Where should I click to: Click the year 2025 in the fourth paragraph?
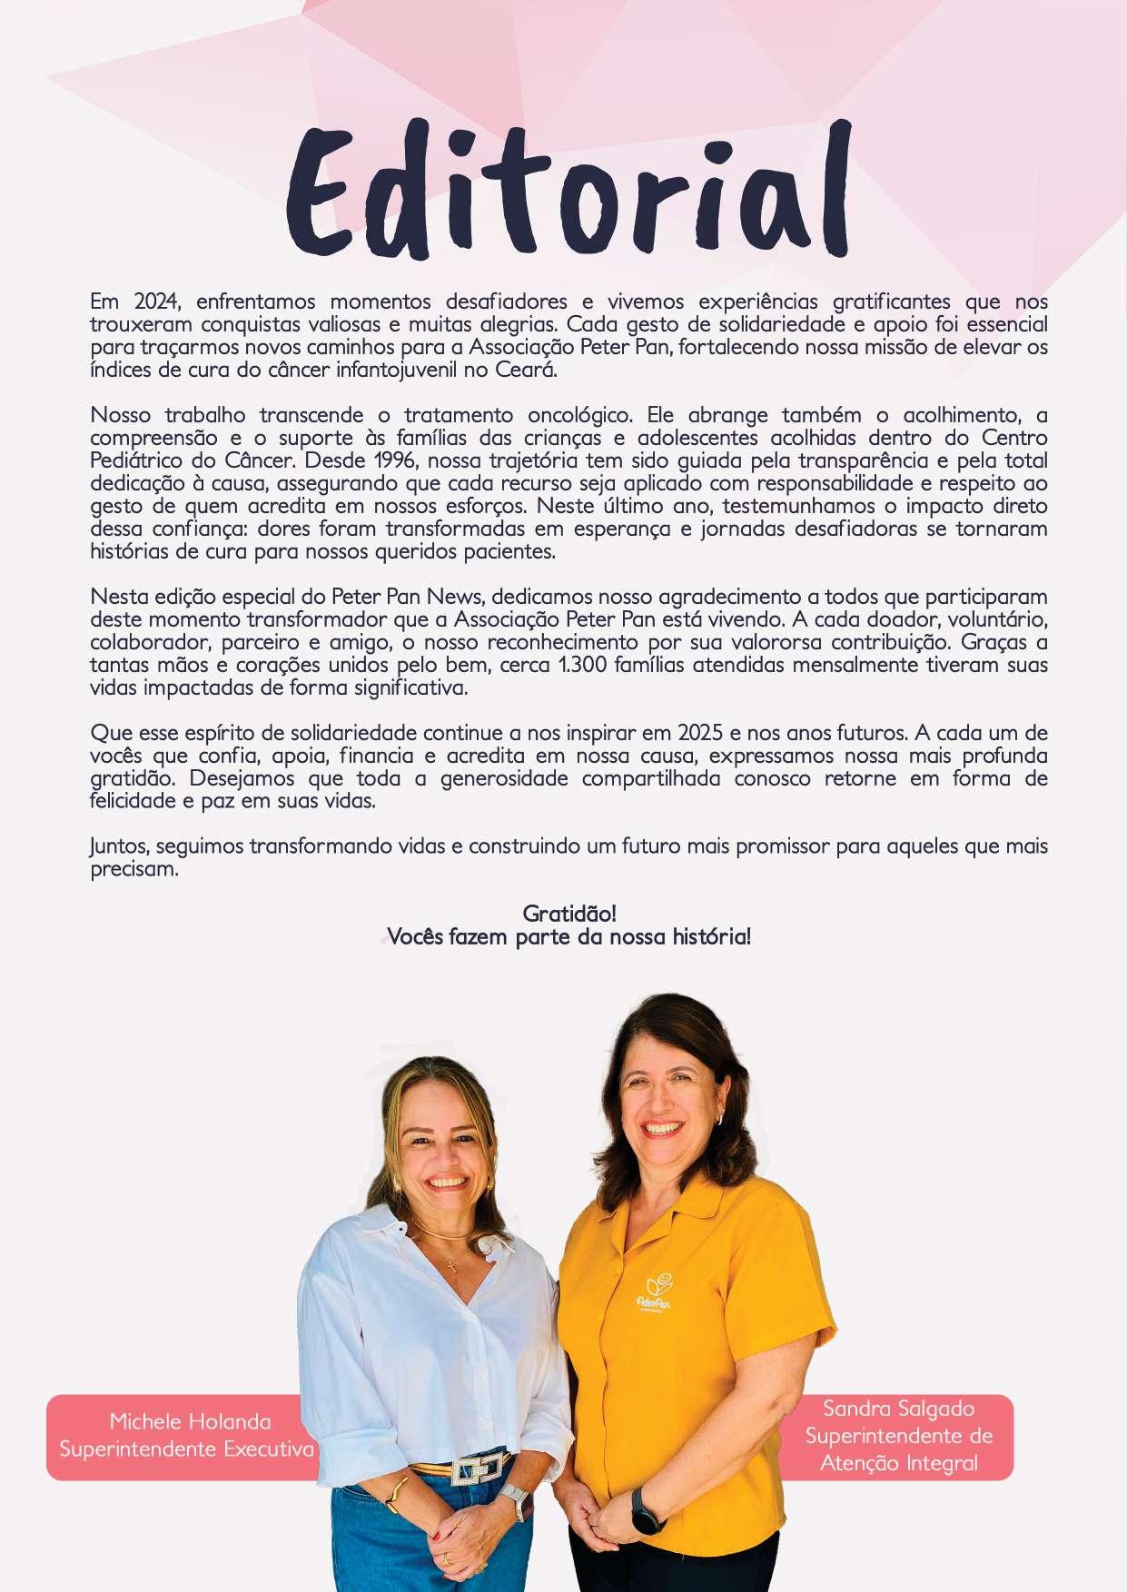click(699, 733)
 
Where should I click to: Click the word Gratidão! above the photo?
click(569, 914)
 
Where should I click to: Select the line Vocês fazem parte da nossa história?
click(569, 936)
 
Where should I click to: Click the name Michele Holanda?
click(190, 1421)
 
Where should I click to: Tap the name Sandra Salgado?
click(898, 1409)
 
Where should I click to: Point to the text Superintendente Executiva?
click(186, 1449)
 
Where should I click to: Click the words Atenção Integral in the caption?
click(898, 1463)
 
